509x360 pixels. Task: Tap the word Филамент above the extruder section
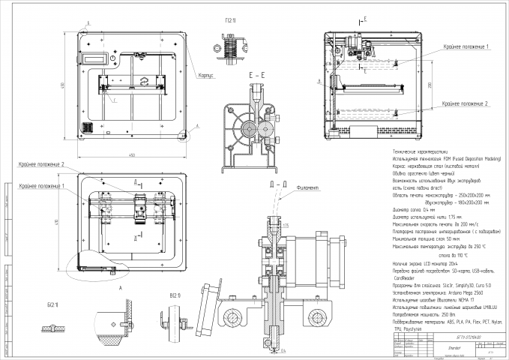308,188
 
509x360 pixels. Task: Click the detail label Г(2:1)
231,20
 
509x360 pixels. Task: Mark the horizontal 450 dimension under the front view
130,154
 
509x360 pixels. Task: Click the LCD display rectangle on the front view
95,58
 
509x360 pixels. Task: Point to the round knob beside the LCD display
112,58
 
